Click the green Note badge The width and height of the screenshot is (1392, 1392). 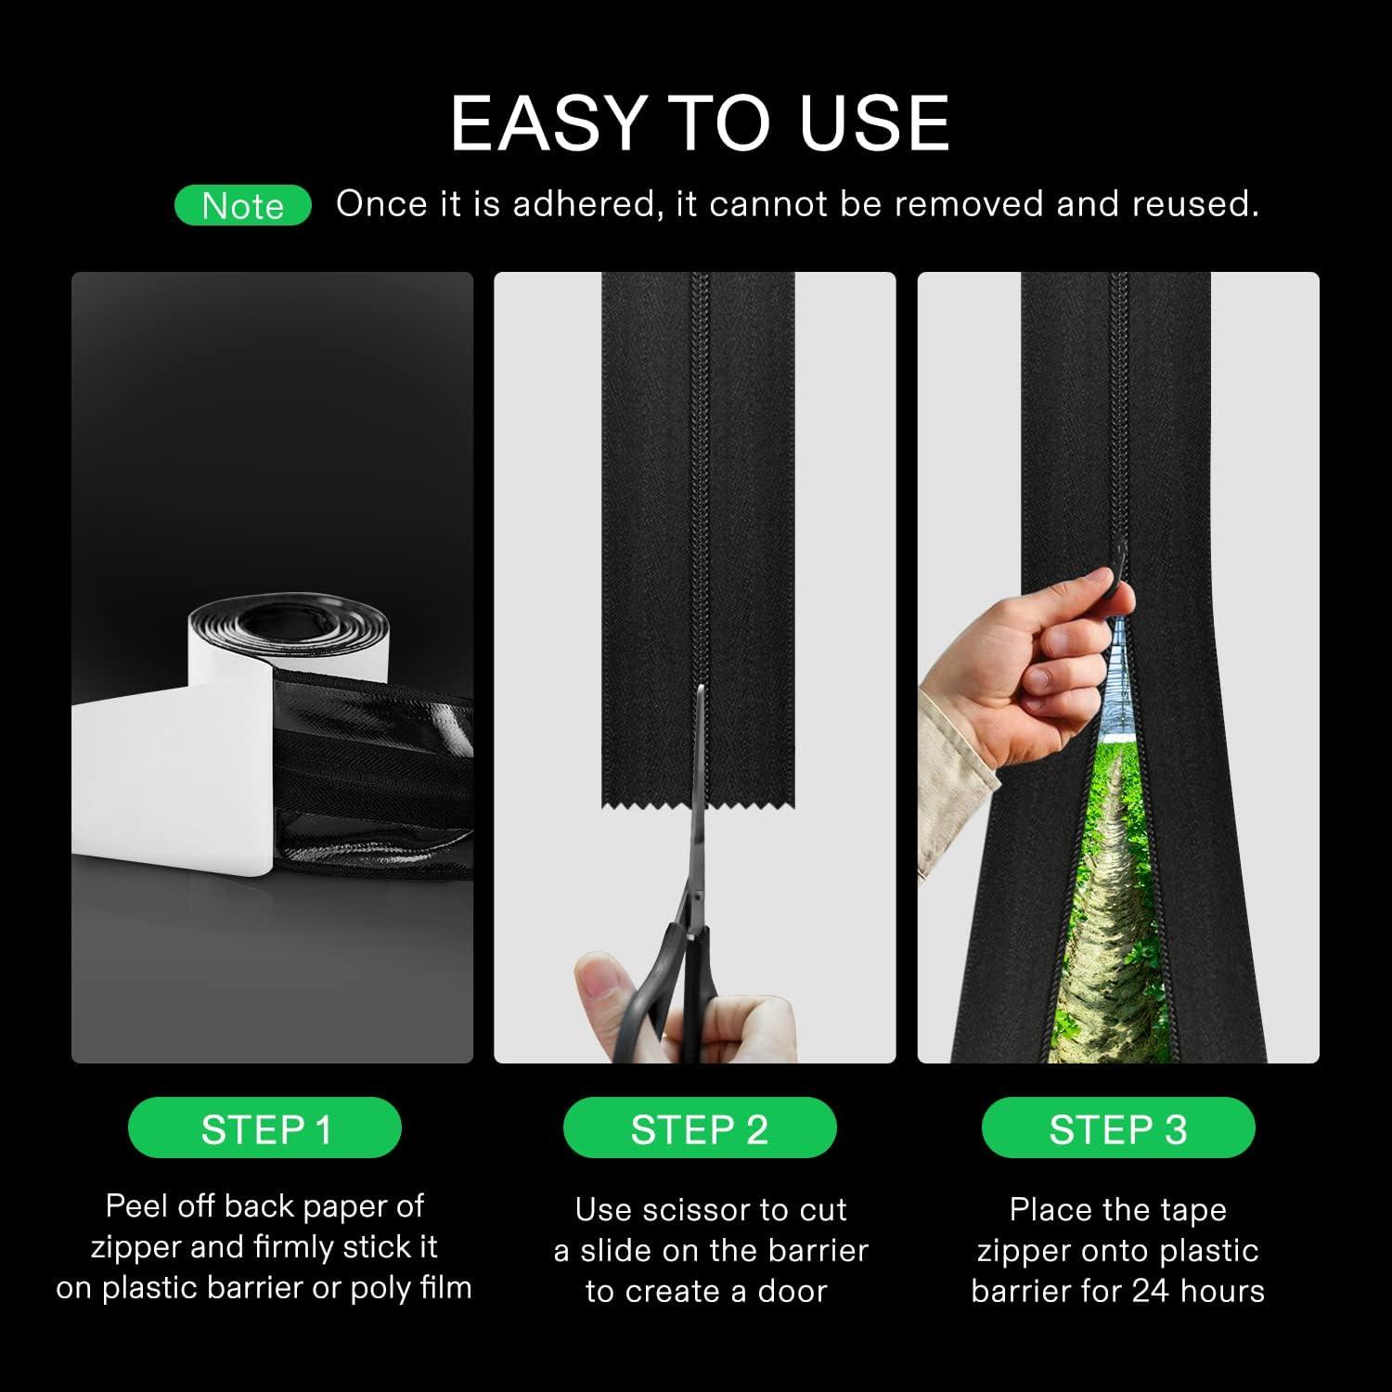click(x=242, y=205)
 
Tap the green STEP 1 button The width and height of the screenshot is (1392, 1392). click(x=264, y=1128)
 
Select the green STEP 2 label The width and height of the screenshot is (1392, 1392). click(x=700, y=1128)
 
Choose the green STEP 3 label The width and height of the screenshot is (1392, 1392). click(x=1118, y=1128)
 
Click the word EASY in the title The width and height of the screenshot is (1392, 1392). click(x=548, y=123)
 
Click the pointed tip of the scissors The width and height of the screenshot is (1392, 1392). click(x=701, y=690)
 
